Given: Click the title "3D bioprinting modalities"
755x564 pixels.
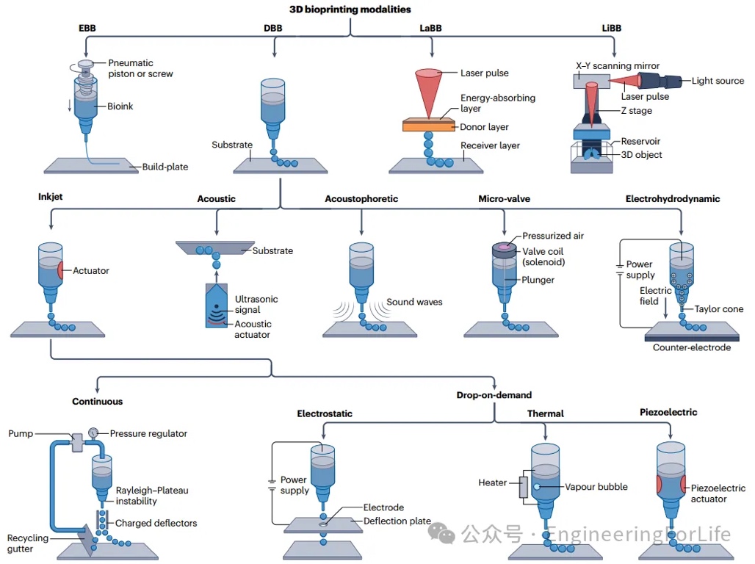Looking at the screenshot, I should click(350, 10).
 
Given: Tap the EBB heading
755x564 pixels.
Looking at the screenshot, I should click(87, 29).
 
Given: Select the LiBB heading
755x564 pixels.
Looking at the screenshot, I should click(611, 29).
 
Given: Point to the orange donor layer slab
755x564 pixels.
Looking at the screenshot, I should click(436, 126).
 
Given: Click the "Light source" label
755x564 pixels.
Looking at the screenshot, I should click(718, 81).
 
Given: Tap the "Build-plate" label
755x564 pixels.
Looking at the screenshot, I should click(165, 167).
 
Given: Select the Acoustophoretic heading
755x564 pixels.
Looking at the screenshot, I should click(361, 198).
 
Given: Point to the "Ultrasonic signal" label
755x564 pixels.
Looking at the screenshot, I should click(256, 305).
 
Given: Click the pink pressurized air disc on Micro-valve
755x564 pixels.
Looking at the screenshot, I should click(505, 247).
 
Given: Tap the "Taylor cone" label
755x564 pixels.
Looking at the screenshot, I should click(719, 309).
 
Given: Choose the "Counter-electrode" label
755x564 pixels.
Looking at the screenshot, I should click(692, 347).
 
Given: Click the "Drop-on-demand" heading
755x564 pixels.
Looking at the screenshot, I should click(493, 395).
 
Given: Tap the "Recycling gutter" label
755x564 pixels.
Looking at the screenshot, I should click(28, 543).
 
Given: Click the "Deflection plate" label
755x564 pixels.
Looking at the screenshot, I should click(397, 521).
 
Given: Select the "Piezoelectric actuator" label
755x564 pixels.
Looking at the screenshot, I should click(718, 493).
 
